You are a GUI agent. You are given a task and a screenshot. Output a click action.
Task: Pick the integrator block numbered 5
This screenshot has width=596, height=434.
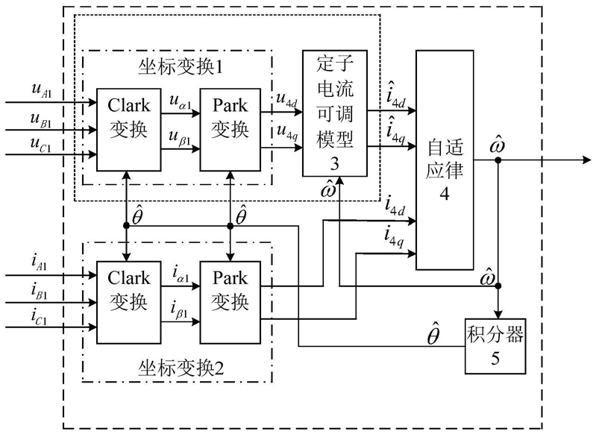click(x=495, y=345)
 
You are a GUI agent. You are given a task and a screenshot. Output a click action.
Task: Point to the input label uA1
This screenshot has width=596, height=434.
click(x=42, y=92)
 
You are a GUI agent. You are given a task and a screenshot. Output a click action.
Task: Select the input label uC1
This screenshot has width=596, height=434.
click(x=42, y=148)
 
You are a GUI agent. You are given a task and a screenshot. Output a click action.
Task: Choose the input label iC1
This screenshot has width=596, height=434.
click(x=42, y=321)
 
